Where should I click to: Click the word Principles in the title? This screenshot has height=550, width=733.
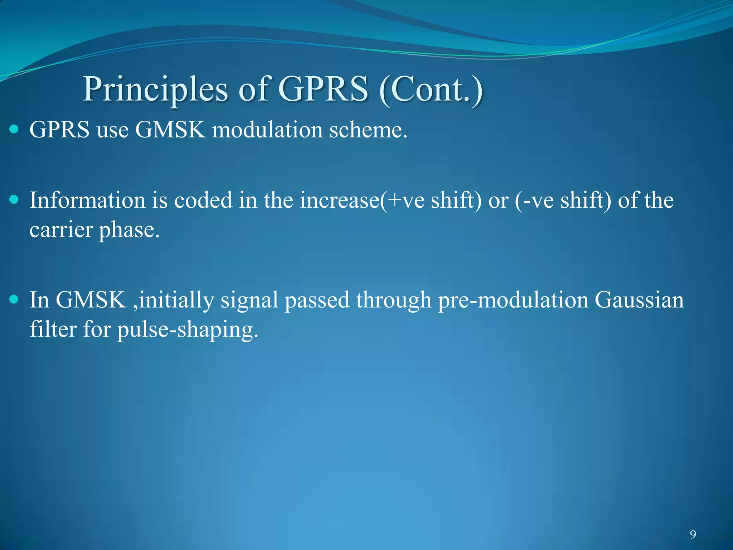[155, 90]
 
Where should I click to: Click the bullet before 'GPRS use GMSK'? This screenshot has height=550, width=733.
[14, 129]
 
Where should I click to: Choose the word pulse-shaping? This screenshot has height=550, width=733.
[188, 331]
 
